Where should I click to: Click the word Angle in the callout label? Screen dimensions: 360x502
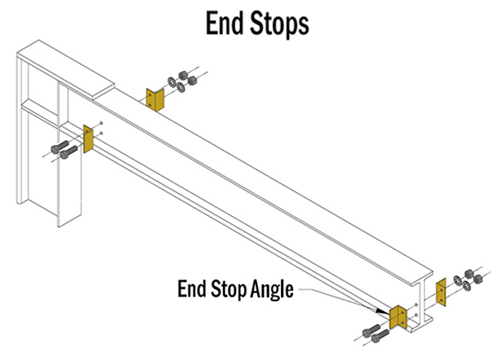coord(271,290)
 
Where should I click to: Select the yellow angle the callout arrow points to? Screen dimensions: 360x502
coord(399,318)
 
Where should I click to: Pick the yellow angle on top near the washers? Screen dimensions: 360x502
coord(153,100)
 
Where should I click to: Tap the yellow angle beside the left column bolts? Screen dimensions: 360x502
coord(87,139)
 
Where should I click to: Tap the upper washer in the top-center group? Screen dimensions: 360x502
coord(171,80)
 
